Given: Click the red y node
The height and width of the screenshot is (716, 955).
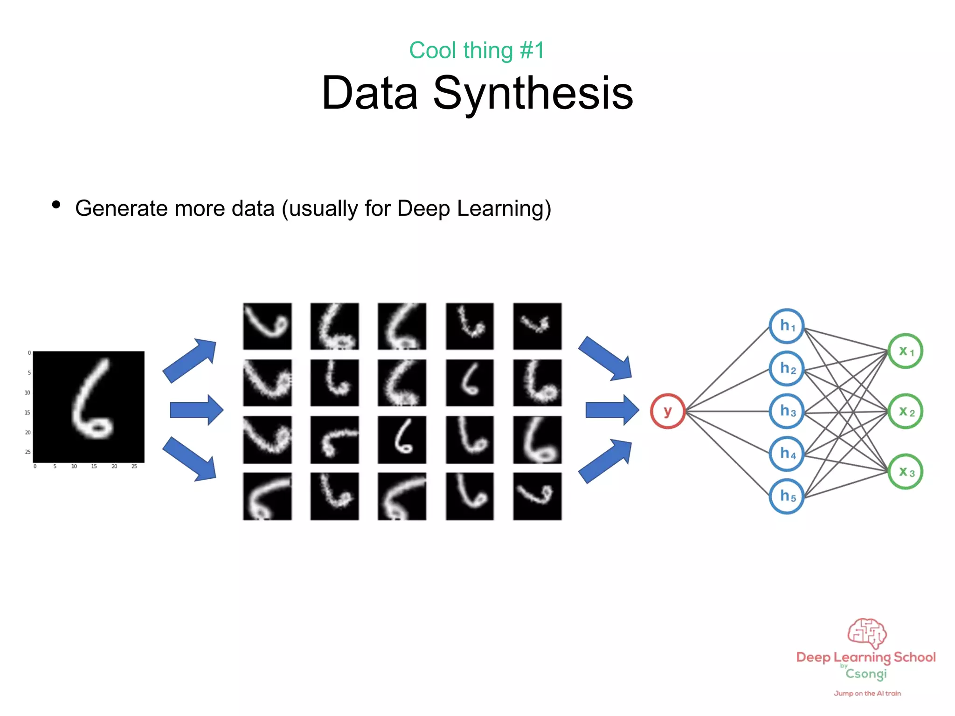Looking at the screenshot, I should coord(668,411).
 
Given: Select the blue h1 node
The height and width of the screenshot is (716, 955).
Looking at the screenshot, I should coord(787,326).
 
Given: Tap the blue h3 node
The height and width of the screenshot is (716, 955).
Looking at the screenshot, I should coord(787,411).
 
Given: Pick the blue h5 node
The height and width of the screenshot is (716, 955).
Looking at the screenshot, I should coord(787,496).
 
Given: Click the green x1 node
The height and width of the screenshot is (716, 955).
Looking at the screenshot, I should coord(905,351).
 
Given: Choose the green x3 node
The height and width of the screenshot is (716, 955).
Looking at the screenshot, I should coord(905,472).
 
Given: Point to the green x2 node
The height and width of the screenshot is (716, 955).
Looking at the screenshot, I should coord(905,411).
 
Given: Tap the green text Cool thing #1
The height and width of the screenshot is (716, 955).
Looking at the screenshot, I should coord(477,50).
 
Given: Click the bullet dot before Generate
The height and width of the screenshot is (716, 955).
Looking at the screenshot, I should coord(56,205).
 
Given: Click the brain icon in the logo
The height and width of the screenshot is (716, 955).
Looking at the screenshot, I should coord(867,633).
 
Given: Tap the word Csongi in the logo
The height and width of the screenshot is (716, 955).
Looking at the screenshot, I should coord(866,674).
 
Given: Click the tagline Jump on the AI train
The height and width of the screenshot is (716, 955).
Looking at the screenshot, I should coord(867,693).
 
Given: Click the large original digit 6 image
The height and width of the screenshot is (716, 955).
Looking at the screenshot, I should coord(89,406).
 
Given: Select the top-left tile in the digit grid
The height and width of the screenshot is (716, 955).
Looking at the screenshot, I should coord(267,326).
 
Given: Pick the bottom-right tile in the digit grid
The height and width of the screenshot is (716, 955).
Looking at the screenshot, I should coord(537,496).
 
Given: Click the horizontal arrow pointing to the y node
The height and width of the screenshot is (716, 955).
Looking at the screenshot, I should coord(611,410).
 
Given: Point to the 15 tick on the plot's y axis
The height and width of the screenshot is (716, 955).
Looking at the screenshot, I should coord(28,413).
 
